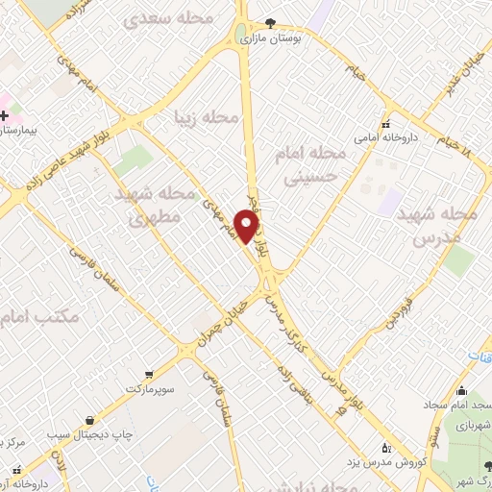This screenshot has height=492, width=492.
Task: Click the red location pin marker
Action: click(249, 227)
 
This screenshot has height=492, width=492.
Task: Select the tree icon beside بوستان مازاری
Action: click(273, 23)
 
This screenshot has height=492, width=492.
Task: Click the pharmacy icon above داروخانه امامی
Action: click(386, 124)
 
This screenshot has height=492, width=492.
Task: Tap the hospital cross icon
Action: click(5, 115)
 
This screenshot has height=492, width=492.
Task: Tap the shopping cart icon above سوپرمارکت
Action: click(148, 376)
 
